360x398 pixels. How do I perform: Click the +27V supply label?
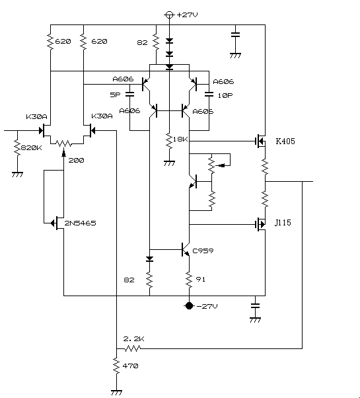pos(188,15)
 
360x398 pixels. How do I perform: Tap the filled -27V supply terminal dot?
pos(189,306)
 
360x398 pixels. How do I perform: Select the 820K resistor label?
pos(32,147)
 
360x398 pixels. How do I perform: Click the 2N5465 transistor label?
pos(81,223)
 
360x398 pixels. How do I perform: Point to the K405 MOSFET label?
pos(285,141)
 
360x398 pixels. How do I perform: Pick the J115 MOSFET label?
pos(283,223)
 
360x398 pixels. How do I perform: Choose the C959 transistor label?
pos(203,251)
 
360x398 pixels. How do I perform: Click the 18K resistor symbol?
pos(169,141)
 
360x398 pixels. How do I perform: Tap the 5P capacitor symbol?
pos(130,94)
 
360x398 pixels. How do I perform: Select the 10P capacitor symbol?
pos(209,94)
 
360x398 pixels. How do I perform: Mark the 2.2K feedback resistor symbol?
pos(132,348)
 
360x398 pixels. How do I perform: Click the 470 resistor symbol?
pos(116,366)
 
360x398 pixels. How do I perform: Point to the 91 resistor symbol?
pos(189,280)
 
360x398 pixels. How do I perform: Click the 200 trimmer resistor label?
pos(77,161)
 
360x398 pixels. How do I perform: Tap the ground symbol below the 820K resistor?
pos(17,175)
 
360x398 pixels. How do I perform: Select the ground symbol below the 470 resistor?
pos(116,393)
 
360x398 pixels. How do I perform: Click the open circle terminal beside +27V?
pos(169,15)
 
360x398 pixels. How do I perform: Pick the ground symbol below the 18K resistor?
pos(169,163)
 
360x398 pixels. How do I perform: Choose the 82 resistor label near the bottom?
pos(129,280)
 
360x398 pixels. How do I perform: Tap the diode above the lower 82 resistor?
pos(149,259)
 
